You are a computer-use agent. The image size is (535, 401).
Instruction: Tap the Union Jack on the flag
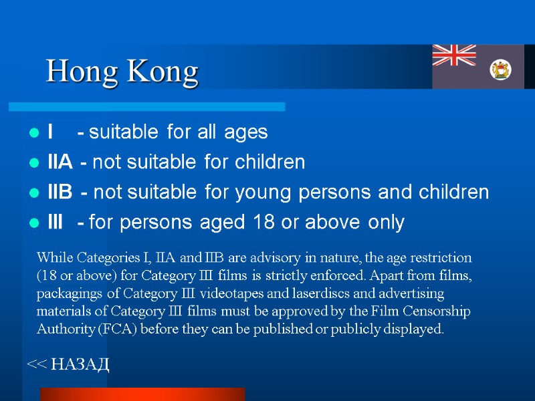pyautogui.click(x=454, y=55)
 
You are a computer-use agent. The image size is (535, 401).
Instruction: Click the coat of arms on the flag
pyautogui.click(x=500, y=69)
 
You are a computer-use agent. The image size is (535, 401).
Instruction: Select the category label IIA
pyautogui.click(x=60, y=162)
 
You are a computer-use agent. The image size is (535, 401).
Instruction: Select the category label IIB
pyautogui.click(x=60, y=193)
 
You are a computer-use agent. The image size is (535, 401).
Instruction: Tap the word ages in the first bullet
pyautogui.click(x=246, y=132)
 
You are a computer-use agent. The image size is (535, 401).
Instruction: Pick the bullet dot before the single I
pyautogui.click(x=32, y=134)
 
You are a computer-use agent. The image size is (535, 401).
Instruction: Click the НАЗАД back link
pyautogui.click(x=68, y=364)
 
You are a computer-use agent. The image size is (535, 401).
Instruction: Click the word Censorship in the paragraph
pyautogui.click(x=438, y=311)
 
